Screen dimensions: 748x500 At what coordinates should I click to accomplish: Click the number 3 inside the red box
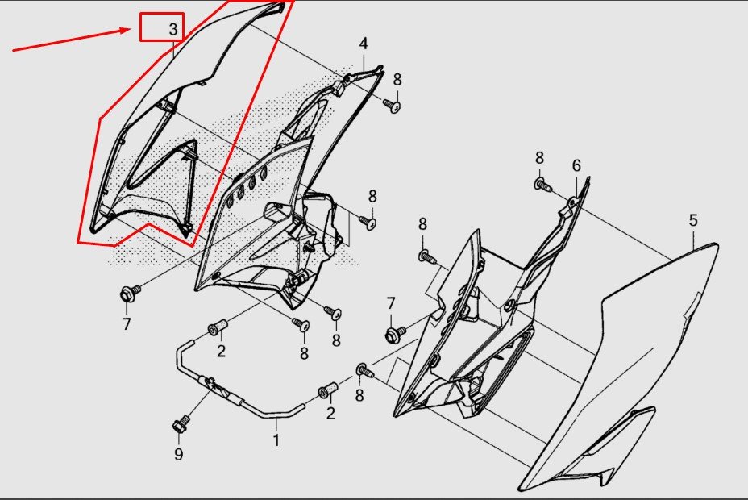click(x=173, y=30)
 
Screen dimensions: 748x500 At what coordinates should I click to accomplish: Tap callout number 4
click(x=364, y=44)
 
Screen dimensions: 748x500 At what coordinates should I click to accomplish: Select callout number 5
click(x=693, y=220)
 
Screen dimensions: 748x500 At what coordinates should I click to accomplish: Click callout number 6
click(x=576, y=165)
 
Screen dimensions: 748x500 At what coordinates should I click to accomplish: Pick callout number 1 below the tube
click(x=276, y=440)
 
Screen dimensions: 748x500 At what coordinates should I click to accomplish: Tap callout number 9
click(x=178, y=454)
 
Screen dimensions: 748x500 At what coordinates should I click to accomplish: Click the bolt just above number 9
click(x=180, y=424)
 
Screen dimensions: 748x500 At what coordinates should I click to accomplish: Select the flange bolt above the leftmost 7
click(x=129, y=293)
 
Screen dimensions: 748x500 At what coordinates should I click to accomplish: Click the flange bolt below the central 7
click(x=394, y=333)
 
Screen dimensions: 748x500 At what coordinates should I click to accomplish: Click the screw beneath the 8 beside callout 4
click(x=393, y=106)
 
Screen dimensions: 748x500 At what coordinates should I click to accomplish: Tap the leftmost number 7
click(x=127, y=324)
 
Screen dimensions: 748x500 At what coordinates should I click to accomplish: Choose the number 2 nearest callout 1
click(x=330, y=413)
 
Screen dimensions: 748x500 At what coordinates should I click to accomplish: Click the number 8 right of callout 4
click(x=397, y=80)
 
